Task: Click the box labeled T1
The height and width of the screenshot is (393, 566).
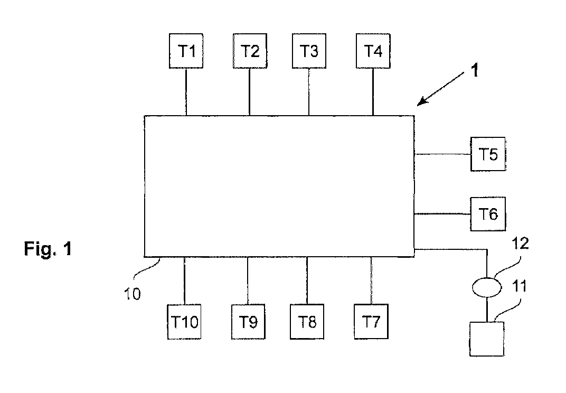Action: [x=186, y=51]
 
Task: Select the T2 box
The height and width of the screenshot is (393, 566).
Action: [x=250, y=51]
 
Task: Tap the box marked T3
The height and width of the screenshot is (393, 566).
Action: [x=309, y=51]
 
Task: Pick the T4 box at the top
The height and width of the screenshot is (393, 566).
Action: [x=373, y=51]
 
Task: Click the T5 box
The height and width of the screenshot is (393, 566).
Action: [x=488, y=154]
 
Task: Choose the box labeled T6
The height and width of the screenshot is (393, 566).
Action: [x=488, y=214]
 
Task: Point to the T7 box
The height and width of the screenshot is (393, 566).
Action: [x=371, y=322]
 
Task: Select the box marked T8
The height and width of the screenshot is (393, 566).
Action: [x=307, y=322]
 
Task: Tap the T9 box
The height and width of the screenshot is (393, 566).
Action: [x=248, y=322]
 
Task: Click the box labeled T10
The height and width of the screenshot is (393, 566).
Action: [x=184, y=322]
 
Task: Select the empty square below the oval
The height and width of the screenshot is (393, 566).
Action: [x=487, y=339]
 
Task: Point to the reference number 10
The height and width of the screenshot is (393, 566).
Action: [x=132, y=294]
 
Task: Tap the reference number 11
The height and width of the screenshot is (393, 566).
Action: [x=520, y=286]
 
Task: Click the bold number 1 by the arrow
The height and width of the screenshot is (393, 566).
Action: [x=475, y=70]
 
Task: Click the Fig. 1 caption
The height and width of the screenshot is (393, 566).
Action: [x=48, y=249]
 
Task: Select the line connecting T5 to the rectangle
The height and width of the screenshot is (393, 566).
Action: [x=442, y=154]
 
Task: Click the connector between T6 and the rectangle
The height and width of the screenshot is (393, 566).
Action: [x=442, y=214]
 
